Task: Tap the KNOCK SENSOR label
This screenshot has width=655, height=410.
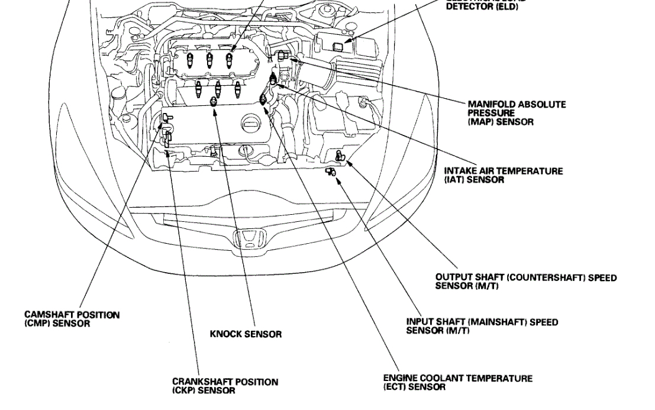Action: point(246,334)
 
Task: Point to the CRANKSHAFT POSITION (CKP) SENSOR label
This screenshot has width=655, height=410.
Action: point(225,386)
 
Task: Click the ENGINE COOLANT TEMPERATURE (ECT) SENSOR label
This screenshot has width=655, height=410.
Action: point(457,383)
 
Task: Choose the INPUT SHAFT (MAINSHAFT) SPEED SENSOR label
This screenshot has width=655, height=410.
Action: point(482,326)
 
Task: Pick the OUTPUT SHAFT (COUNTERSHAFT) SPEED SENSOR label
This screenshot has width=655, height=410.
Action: point(525,281)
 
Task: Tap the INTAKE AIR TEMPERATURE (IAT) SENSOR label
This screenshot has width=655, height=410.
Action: point(503,175)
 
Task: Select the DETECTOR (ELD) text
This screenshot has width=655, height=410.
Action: point(482,7)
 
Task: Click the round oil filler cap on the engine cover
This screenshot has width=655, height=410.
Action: point(251,125)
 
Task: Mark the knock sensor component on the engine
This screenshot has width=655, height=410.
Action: point(214,104)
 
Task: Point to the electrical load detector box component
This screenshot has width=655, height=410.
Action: point(338,46)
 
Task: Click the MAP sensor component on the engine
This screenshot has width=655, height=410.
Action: point(283,56)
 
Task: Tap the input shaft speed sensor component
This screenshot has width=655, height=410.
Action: point(330,172)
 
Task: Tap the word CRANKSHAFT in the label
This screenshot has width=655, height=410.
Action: point(198,382)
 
